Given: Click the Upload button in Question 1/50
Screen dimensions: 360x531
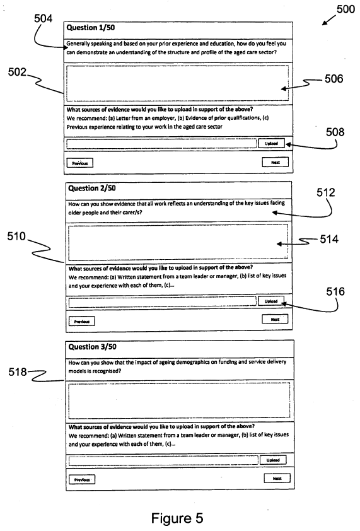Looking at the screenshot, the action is click(271, 143).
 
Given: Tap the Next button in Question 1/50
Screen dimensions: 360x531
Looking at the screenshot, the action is click(276, 162).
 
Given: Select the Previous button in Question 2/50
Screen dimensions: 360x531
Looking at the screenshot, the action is click(81, 321).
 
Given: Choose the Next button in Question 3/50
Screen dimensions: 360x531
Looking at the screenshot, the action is click(277, 478).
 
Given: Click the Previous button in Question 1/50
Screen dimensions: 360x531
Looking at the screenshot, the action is click(80, 163).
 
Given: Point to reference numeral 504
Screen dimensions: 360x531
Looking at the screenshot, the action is click(44, 18).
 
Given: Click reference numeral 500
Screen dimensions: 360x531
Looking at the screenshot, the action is click(345, 9).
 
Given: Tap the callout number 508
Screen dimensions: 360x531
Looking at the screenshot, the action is click(335, 132).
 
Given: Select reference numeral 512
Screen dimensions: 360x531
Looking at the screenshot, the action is click(326, 192).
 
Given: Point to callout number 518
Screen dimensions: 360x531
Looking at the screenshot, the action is click(18, 372).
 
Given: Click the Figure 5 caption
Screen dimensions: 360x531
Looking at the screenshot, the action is click(177, 518).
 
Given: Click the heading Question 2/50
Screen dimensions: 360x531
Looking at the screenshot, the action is click(92, 189).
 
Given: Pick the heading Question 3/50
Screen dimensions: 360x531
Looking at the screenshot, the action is click(92, 347).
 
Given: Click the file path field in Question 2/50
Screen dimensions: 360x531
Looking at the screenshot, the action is click(162, 301).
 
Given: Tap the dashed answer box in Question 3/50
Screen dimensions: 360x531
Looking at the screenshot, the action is click(179, 400).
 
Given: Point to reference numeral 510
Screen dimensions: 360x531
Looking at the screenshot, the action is click(16, 236).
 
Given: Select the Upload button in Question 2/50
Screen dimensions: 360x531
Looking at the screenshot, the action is click(271, 301).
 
